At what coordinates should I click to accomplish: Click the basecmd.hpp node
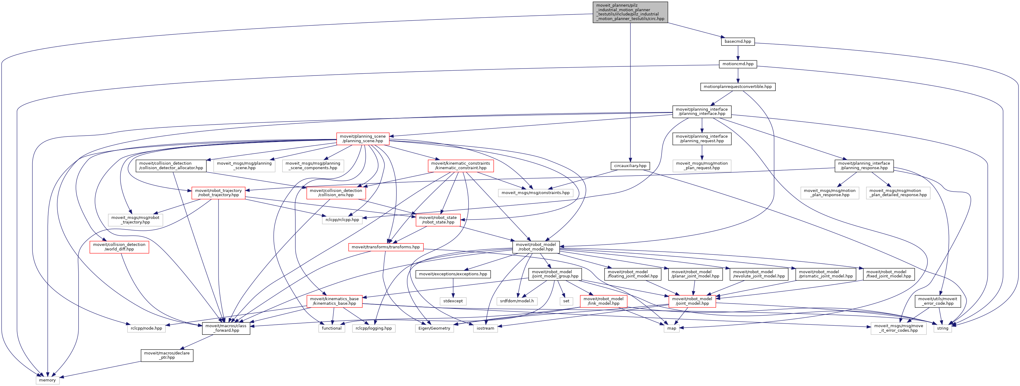click(738, 41)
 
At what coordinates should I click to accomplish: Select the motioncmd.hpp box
click(738, 64)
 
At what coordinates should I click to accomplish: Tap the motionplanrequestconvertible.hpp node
click(738, 87)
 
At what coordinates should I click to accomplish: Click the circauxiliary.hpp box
click(630, 166)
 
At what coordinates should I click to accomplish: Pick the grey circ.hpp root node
click(630, 12)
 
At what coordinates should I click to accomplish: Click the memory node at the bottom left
click(48, 380)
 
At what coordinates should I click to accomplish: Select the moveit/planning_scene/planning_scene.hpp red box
click(363, 139)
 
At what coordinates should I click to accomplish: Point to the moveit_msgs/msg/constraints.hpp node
click(535, 193)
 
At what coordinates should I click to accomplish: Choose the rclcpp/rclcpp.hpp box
click(342, 220)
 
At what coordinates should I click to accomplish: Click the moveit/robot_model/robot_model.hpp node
click(536, 247)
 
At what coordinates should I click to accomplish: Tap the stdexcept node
click(453, 301)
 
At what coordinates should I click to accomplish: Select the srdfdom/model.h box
click(517, 301)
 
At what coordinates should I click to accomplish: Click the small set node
click(566, 301)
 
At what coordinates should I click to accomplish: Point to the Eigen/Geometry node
click(434, 328)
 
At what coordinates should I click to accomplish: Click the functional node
click(332, 328)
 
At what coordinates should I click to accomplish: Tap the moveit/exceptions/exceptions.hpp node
click(453, 274)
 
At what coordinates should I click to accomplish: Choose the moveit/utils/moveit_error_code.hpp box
click(938, 301)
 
